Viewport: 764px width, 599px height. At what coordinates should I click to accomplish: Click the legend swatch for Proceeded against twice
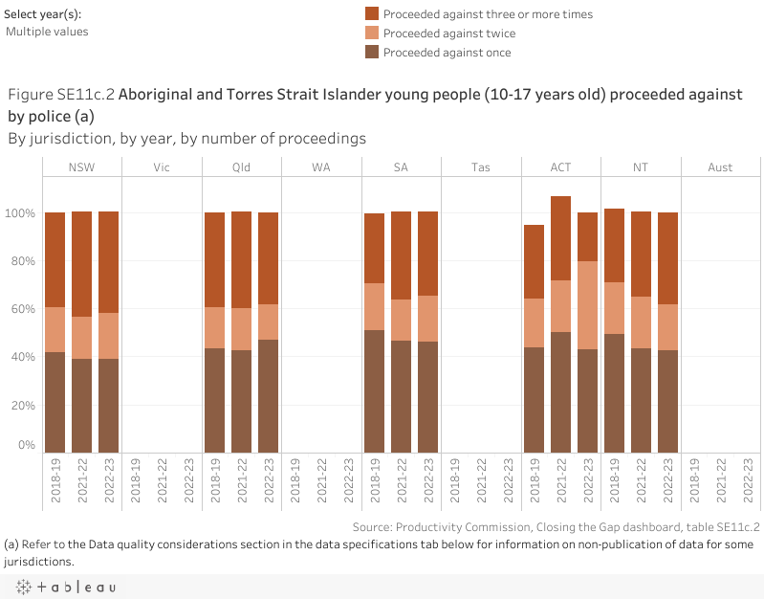pyautogui.click(x=372, y=33)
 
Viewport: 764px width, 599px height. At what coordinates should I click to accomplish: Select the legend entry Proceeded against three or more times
pyautogui.click(x=488, y=14)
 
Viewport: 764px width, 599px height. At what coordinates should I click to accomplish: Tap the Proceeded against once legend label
pyautogui.click(x=447, y=53)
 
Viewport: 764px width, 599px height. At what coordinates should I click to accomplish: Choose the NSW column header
pyautogui.click(x=81, y=167)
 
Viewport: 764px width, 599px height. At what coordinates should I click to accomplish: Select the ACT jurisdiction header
pyautogui.click(x=560, y=167)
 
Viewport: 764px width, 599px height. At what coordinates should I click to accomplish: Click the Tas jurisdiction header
pyautogui.click(x=481, y=167)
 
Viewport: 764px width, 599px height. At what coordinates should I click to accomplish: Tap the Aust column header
pyautogui.click(x=720, y=167)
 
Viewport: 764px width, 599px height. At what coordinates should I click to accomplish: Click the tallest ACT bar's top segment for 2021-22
pyautogui.click(x=560, y=238)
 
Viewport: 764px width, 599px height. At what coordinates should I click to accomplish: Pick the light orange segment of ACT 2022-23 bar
pyautogui.click(x=587, y=305)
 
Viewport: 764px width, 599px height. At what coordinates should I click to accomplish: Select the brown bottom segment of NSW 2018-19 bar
pyautogui.click(x=55, y=402)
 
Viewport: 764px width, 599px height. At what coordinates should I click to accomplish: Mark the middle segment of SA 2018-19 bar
pyautogui.click(x=374, y=306)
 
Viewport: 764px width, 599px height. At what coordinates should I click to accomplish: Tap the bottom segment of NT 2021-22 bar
pyautogui.click(x=641, y=400)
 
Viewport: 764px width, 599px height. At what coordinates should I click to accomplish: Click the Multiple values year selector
pyautogui.click(x=47, y=32)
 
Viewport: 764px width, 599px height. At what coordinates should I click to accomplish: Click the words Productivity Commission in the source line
pyautogui.click(x=459, y=526)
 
